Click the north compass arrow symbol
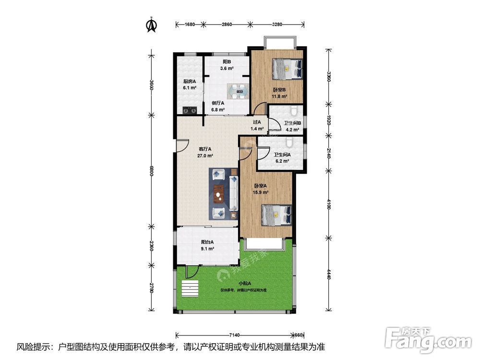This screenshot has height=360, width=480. (x=152, y=24)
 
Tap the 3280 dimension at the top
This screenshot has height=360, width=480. (x=277, y=24)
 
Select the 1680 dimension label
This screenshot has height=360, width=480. (x=190, y=24)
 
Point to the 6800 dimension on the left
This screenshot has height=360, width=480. (x=151, y=171)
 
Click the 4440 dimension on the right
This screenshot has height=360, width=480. (x=328, y=274)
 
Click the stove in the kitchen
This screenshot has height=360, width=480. (x=190, y=109)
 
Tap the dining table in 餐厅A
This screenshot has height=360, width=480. (x=238, y=91)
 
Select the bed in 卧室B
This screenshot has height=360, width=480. (x=288, y=69)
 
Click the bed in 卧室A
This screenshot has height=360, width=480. (x=276, y=215)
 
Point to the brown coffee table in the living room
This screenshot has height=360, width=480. (x=219, y=194)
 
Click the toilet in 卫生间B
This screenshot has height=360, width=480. (x=294, y=110)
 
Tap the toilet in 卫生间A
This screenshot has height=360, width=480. (x=289, y=141)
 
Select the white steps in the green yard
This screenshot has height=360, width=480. (x=190, y=288)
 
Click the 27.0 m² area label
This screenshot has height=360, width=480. (x=205, y=156)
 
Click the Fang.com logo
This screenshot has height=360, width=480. (x=428, y=340)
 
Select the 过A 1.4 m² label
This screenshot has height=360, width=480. (x=257, y=125)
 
